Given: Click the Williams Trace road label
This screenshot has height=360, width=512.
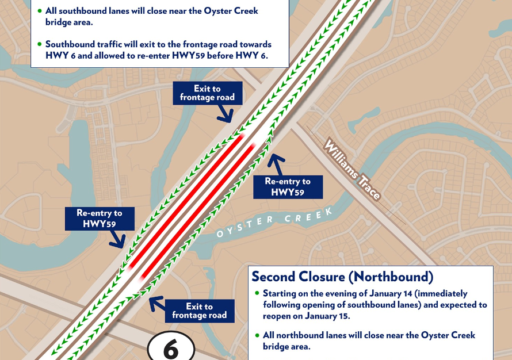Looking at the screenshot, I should (x=352, y=169).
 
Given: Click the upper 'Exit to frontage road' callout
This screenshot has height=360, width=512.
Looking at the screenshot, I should (x=207, y=93).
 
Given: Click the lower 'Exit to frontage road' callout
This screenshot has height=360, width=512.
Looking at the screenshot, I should (x=200, y=311).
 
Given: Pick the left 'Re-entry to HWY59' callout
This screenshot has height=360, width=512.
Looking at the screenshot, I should (x=99, y=218).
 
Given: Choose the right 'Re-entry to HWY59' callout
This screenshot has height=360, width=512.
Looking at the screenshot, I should (x=287, y=187).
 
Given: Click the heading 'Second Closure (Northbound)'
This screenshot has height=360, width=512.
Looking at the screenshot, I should (x=342, y=277).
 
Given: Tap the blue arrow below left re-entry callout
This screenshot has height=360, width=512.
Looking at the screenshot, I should (x=118, y=240).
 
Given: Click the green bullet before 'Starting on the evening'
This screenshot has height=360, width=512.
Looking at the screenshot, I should (x=257, y=294).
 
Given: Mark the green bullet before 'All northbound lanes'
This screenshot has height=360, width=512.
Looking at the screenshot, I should (x=257, y=335).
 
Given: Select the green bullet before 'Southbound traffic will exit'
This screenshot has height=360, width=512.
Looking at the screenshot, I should (x=39, y=44).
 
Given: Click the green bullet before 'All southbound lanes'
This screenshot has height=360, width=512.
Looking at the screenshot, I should (x=39, y=11).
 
